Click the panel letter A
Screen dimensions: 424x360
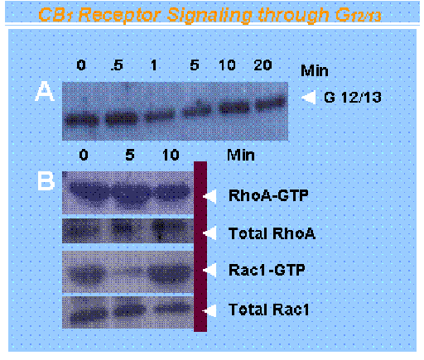[x=45, y=91]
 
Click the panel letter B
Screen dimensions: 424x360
[x=46, y=181]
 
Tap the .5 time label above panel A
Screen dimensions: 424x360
[x=117, y=65]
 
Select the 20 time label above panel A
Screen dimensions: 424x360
[x=263, y=65]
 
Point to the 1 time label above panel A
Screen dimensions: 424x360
[x=154, y=65]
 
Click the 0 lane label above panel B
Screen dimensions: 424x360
[x=84, y=155]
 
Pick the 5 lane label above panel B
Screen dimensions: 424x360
[x=130, y=155]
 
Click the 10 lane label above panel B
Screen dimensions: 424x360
[x=171, y=155]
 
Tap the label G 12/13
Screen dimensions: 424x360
[x=353, y=97]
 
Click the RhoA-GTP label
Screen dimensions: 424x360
[x=268, y=195]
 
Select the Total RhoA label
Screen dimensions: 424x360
[x=272, y=233]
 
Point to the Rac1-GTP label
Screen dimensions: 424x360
[x=267, y=270]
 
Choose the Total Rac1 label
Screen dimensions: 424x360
[x=269, y=310]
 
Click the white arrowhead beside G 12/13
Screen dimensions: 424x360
[x=309, y=97]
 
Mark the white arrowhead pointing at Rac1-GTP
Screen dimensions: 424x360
[x=210, y=270]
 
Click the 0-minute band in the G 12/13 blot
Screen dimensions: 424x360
[x=82, y=120]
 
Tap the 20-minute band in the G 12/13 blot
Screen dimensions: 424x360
[x=271, y=103]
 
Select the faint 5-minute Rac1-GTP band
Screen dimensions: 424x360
[x=130, y=271]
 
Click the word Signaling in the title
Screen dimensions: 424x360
[x=210, y=14]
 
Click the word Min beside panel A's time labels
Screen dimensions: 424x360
[x=315, y=70]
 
